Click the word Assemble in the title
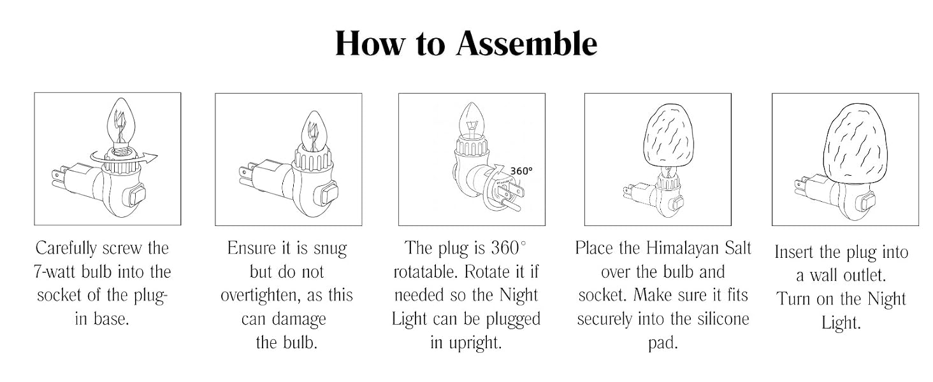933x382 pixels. [527, 44]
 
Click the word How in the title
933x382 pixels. [370, 44]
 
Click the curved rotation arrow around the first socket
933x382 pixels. [125, 160]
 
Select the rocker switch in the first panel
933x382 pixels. [136, 196]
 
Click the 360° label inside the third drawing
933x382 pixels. [521, 171]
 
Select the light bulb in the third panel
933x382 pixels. [472, 121]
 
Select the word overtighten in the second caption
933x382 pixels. [260, 296]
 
